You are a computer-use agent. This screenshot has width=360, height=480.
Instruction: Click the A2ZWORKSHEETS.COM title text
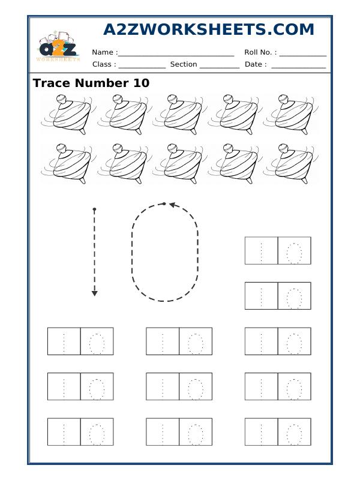208,30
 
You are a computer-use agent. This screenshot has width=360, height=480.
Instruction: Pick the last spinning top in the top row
291,113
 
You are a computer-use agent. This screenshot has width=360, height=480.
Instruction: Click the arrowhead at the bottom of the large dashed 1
94,293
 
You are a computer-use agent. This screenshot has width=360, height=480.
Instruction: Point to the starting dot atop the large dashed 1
94,209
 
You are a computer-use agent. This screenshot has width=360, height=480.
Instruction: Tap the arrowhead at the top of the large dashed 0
172,205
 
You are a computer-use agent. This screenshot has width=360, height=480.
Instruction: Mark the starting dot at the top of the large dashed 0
164,204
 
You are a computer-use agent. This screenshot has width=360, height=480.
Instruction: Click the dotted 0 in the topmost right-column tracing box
294,251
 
